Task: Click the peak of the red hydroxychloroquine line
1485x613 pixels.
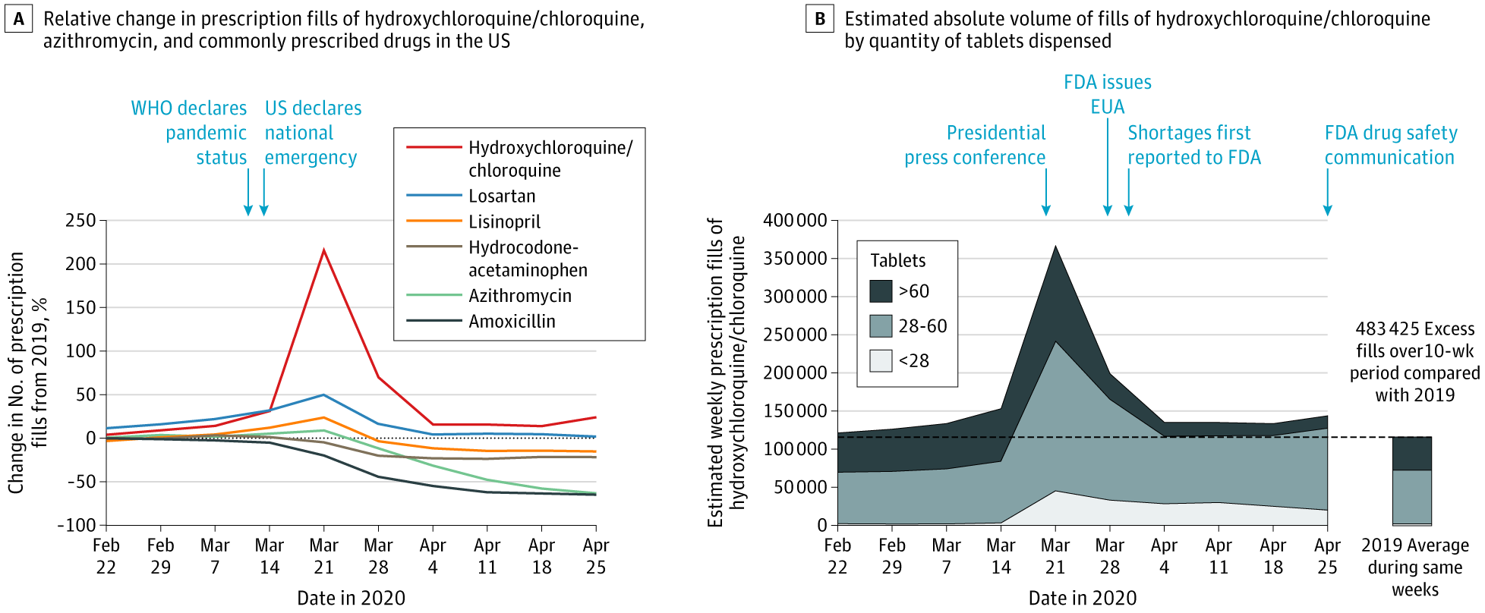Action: [324, 250]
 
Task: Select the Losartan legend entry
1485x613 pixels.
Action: [501, 196]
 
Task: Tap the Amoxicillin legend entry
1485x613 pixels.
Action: [511, 321]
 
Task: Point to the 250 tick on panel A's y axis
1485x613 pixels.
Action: [80, 220]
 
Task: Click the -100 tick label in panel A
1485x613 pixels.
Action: [77, 525]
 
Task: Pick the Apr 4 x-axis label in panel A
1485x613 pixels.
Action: [433, 556]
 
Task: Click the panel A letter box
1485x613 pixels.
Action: [18, 19]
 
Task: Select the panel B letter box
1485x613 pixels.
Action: [820, 19]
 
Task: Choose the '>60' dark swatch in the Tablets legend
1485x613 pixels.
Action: [881, 291]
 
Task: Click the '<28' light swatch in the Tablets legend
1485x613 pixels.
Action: [881, 360]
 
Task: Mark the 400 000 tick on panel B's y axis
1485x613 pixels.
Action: [795, 220]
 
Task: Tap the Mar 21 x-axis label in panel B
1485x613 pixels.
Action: [1055, 556]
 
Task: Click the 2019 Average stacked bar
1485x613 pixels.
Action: [1411, 481]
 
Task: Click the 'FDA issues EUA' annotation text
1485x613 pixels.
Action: [1107, 94]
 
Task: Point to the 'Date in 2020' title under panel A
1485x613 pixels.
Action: [351, 598]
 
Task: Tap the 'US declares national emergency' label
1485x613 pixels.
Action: [312, 133]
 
